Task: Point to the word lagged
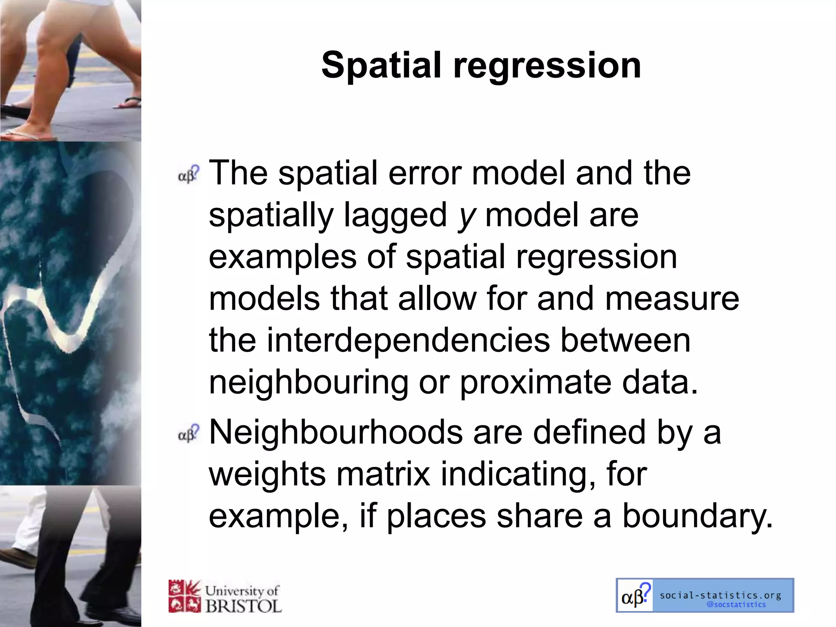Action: (395, 216)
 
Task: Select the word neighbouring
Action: (309, 384)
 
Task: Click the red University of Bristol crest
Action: (185, 596)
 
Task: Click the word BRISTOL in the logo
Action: (244, 606)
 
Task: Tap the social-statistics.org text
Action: (720, 595)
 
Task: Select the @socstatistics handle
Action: (736, 605)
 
